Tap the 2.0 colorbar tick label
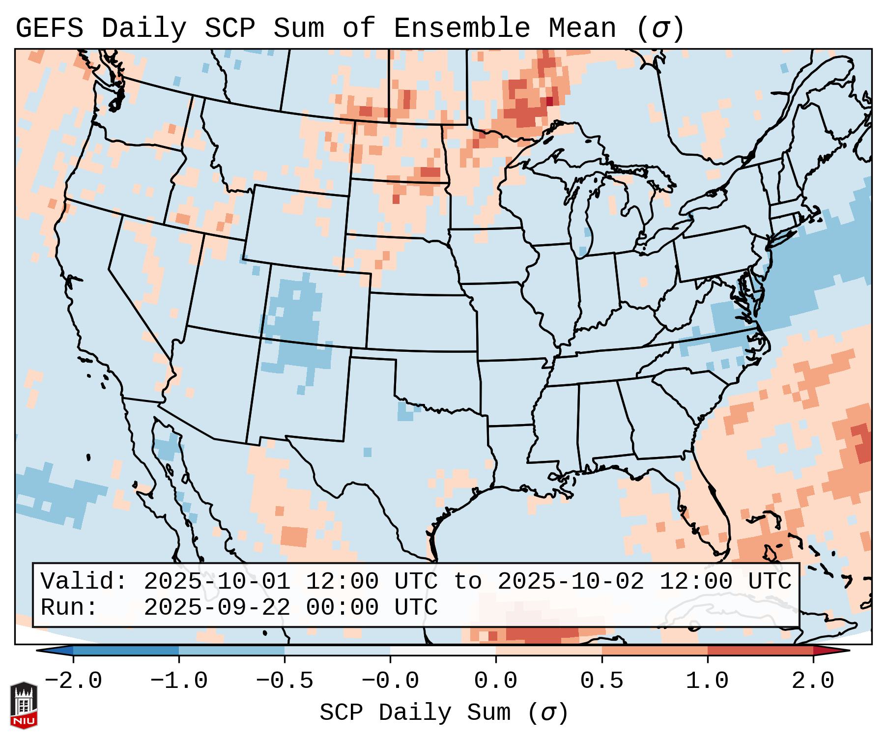(813, 681)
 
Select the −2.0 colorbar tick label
(73, 681)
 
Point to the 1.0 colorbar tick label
(707, 681)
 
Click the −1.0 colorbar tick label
(179, 681)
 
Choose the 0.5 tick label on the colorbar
(601, 681)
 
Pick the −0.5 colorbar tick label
(285, 681)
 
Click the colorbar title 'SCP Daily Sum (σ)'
(444, 712)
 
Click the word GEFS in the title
(50, 28)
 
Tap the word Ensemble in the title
(461, 28)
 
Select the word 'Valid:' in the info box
(84, 581)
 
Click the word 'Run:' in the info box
(69, 607)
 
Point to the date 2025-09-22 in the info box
(217, 607)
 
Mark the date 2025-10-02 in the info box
(571, 581)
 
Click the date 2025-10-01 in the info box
(217, 581)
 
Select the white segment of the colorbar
(443, 651)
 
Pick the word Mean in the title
(582, 28)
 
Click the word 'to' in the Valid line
(467, 581)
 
